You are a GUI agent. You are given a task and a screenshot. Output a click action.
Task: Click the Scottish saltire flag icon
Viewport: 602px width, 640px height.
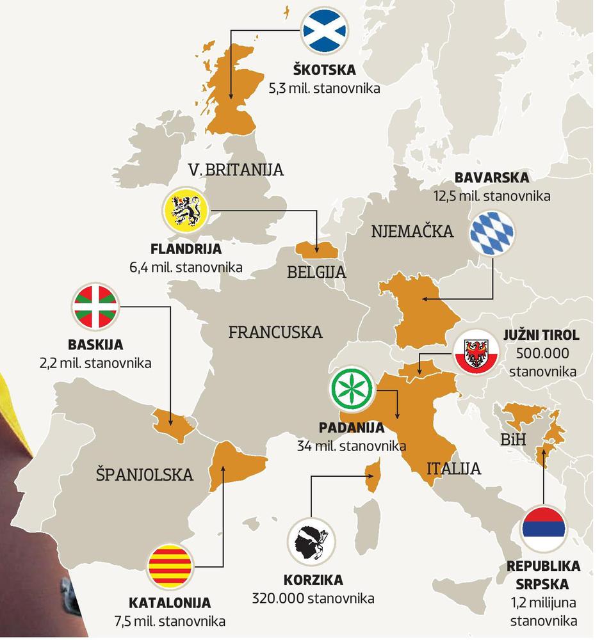click(325, 30)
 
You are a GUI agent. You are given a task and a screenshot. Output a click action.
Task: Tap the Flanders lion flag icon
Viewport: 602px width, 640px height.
click(185, 211)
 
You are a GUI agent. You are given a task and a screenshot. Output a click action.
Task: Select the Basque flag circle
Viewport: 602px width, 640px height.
click(95, 305)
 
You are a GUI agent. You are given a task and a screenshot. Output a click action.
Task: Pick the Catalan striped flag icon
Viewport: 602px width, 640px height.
click(170, 565)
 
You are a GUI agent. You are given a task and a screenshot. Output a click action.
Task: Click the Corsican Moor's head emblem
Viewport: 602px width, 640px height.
click(310, 543)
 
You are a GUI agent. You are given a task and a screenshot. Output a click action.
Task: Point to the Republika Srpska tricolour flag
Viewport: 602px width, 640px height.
click(543, 529)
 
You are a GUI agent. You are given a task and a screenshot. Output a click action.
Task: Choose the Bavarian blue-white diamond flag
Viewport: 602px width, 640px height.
click(492, 232)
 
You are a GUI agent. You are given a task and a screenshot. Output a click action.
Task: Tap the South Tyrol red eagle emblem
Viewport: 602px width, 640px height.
click(475, 353)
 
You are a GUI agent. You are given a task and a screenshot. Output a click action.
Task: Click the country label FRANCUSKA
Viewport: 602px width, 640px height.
click(275, 332)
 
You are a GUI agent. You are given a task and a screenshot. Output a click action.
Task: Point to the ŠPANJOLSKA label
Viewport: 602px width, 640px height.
click(144, 474)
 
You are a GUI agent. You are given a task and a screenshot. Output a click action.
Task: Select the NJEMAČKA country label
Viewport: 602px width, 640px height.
click(412, 231)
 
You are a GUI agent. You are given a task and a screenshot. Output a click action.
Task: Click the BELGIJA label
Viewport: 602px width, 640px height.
click(316, 272)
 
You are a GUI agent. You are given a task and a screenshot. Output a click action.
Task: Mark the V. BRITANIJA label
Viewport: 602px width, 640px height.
click(236, 170)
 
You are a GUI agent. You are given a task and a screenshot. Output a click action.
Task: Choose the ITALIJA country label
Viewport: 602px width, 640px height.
click(453, 468)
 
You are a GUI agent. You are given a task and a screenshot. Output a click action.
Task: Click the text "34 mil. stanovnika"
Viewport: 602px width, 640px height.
click(352, 445)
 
